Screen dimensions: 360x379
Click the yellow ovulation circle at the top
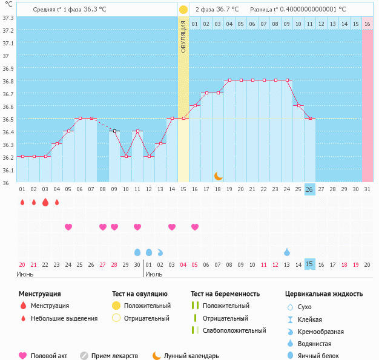pos(183,10)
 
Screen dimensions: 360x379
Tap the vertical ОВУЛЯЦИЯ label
pos(183,36)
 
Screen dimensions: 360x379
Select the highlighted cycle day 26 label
pos(309,189)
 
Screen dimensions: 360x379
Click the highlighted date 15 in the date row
pos(309,264)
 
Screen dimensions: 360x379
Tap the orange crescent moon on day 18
pos(218,175)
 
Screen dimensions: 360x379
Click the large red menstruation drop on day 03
pos(45,203)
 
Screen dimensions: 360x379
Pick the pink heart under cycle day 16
pos(195,227)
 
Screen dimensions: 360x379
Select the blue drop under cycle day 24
pos(287,252)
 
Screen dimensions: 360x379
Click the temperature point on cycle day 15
pos(183,118)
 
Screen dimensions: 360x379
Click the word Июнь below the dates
pos(25,274)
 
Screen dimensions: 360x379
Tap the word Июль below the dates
pos(154,274)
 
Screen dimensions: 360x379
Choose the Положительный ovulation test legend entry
pos(147,306)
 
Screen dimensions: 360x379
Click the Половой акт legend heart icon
pos(23,356)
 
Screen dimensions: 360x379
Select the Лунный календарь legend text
pos(192,356)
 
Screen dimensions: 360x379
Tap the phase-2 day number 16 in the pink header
pos(367,24)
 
